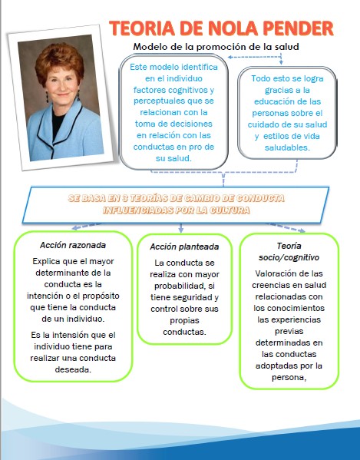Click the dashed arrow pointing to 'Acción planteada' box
coord(181,228)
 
